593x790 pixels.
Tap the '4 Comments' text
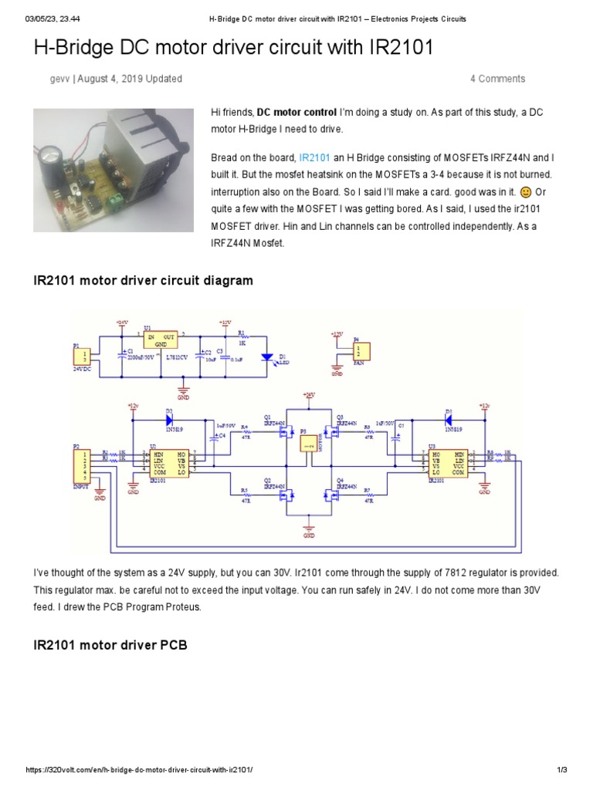(497, 79)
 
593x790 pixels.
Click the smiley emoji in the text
(525, 193)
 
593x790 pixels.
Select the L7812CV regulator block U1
(161, 343)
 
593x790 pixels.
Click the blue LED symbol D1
(266, 356)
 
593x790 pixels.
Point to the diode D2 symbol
(169, 420)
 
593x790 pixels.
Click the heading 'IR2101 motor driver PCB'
(110, 644)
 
